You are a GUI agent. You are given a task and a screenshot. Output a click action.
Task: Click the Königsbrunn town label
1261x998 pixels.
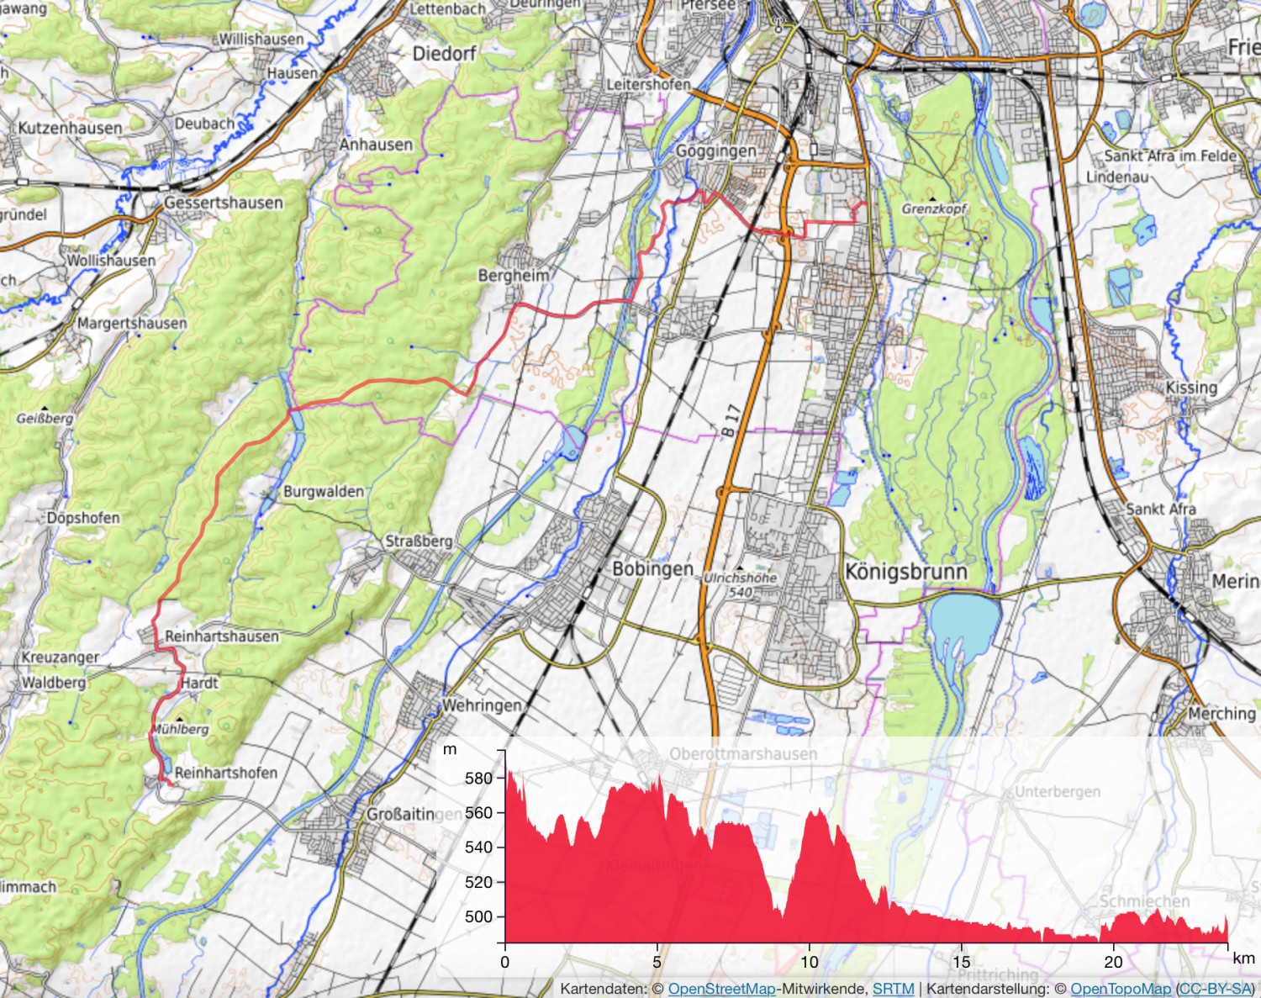point(905,572)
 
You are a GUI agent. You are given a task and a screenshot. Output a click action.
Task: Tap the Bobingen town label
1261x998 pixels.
point(652,569)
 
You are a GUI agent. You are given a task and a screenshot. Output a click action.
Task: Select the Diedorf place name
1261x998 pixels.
point(444,54)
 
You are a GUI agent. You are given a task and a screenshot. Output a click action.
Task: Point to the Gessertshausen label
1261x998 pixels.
point(223,203)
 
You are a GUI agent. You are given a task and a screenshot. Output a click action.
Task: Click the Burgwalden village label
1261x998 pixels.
point(323,491)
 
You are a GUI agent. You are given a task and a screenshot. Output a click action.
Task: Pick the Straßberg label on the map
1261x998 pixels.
point(419,541)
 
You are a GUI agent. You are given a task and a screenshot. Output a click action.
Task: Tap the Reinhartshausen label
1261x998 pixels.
point(221,636)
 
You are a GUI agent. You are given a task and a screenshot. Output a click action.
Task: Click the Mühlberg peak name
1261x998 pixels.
point(180,729)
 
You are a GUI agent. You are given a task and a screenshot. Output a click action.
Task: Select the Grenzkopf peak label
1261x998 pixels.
point(934,209)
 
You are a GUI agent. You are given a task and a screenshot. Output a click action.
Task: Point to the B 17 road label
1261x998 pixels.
point(731,420)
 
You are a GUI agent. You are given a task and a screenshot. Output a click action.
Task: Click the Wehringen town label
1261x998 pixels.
point(482,705)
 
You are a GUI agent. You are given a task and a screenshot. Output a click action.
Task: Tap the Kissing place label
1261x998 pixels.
point(1191,388)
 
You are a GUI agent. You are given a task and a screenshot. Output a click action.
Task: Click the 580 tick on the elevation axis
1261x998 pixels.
point(478,779)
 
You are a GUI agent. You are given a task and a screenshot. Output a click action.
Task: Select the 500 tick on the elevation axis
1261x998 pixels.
point(478,916)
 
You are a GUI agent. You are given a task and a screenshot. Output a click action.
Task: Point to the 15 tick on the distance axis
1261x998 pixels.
point(961,962)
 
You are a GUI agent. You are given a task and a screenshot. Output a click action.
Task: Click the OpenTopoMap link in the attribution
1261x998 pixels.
point(1120,989)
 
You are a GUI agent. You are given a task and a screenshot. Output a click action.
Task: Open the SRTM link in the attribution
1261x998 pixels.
point(893,989)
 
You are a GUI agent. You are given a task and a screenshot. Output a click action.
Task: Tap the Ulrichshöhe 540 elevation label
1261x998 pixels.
point(740,585)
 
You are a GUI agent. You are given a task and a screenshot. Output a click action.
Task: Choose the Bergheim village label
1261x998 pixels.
point(513,276)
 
